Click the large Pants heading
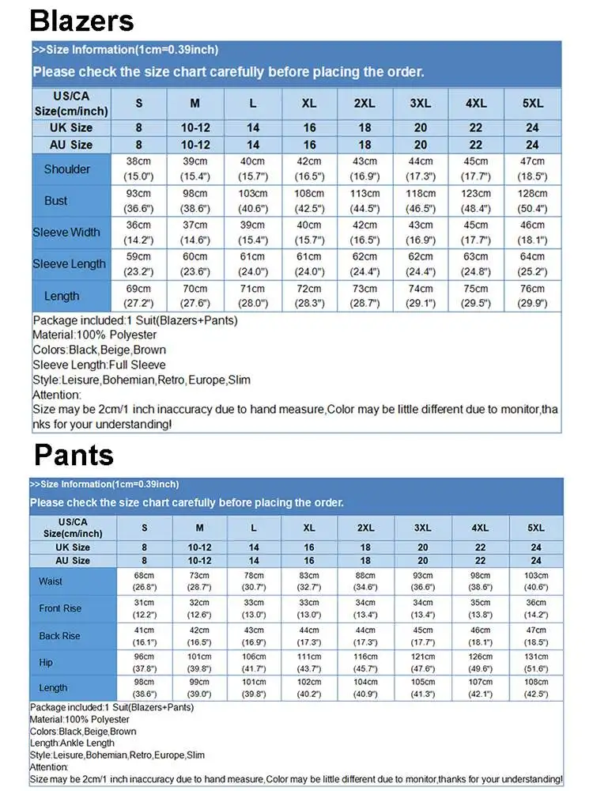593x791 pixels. click(x=74, y=455)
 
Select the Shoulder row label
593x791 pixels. click(x=66, y=169)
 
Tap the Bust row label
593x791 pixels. click(x=55, y=201)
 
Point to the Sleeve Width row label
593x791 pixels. click(x=66, y=233)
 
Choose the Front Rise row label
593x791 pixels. click(x=60, y=608)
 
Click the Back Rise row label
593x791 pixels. click(x=59, y=636)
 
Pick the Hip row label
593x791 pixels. click(x=46, y=663)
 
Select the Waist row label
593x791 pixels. click(x=50, y=581)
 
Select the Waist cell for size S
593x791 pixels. click(x=144, y=581)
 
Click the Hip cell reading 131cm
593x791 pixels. click(x=535, y=663)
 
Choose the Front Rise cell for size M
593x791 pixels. click(x=199, y=608)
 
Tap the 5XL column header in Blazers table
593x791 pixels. click(x=532, y=104)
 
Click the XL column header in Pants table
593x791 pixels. click(x=309, y=527)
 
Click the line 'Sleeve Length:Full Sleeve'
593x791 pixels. click(x=99, y=365)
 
